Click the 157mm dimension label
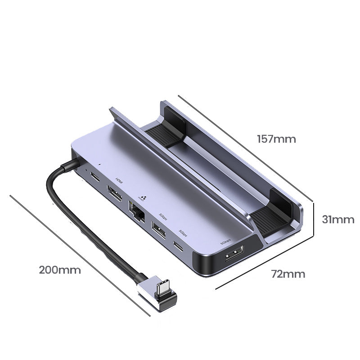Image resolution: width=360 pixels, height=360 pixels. tap(276, 139)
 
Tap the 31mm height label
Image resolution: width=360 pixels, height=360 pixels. tap(338, 220)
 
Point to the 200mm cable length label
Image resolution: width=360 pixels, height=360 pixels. tap(60, 270)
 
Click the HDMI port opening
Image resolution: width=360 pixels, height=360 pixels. tap(115, 195)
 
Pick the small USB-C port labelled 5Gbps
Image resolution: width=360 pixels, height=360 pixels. tap(179, 247)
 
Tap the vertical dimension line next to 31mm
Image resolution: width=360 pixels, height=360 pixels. tap(313, 219)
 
